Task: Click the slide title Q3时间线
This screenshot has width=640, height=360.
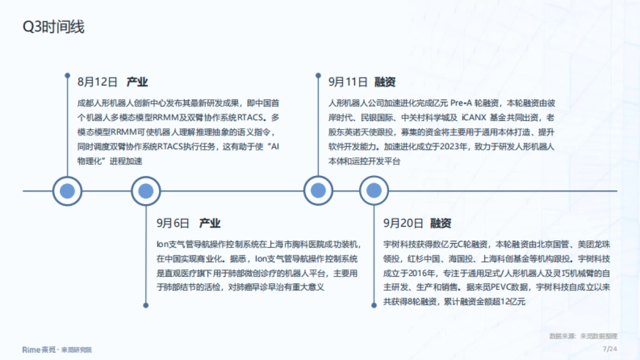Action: tap(53, 27)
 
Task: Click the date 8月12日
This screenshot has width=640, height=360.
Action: tap(97, 82)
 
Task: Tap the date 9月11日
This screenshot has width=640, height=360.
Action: tap(348, 82)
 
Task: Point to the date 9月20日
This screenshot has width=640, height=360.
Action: tap(403, 223)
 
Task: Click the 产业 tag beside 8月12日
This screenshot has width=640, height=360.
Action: tap(137, 82)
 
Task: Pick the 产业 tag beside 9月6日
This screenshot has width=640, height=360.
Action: tap(210, 223)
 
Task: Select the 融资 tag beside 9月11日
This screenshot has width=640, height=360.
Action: tap(385, 82)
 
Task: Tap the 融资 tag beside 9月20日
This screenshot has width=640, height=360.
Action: tap(441, 223)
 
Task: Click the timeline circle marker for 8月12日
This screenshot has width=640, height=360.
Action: tap(67, 191)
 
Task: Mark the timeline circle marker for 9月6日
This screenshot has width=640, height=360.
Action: tap(146, 191)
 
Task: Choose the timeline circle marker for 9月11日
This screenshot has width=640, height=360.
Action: tap(318, 191)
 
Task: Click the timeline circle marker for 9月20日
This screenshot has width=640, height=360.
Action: tap(374, 191)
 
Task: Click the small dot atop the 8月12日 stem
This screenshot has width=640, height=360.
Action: tap(67, 75)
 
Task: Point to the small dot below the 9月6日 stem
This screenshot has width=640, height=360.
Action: tap(146, 306)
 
